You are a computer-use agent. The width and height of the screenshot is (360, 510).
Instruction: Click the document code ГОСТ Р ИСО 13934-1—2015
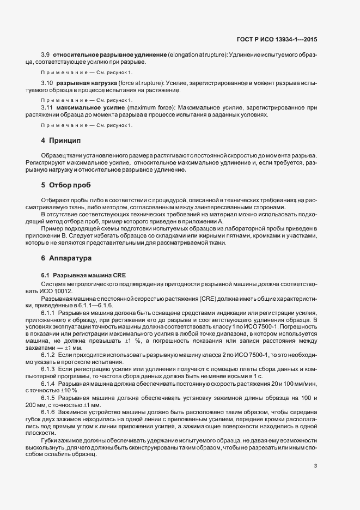pyautogui.click(x=282, y=39)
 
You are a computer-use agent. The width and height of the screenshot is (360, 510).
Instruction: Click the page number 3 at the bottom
pyautogui.click(x=315, y=450)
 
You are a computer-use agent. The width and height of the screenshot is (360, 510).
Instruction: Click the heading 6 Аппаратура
pyautogui.click(x=66, y=257)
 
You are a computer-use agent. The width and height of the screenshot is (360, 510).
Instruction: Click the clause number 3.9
pyautogui.click(x=46, y=55)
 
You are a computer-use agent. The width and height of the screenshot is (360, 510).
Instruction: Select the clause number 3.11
pyautogui.click(x=47, y=108)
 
